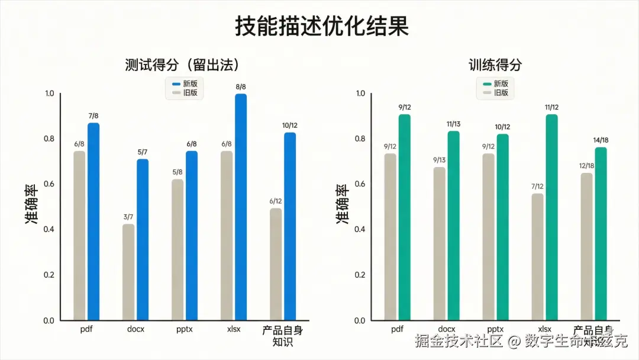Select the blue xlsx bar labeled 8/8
pos(240,207)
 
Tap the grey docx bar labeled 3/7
pos(128,272)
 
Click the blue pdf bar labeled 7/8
pos(93,222)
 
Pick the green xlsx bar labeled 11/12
pos(551,217)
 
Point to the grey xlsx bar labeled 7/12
pos(537,257)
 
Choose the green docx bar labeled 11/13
pos(453,226)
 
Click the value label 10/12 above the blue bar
pos(290,126)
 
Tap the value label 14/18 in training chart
pos(601,140)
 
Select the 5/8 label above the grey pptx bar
pos(177,172)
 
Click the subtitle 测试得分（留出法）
pos(185,65)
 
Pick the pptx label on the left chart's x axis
pos(184,329)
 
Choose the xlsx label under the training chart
pos(544,329)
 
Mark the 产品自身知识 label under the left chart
pos(282,335)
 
